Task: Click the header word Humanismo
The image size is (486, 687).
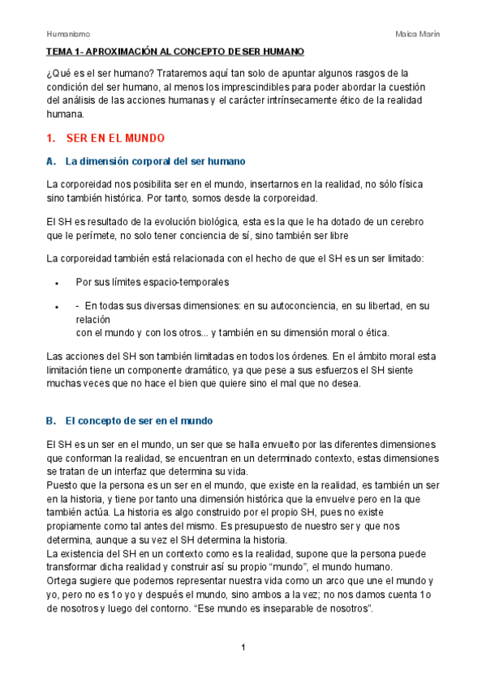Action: pos(67,33)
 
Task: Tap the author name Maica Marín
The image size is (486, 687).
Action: pos(417,33)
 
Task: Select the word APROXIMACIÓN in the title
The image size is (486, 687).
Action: pos(122,51)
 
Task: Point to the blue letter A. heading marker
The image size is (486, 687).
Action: pos(52,161)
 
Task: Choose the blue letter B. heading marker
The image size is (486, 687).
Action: pos(52,421)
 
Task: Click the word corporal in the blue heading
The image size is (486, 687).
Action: pos(150,161)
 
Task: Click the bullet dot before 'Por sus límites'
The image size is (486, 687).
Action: pos(55,284)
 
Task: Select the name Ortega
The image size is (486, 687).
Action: pos(64,582)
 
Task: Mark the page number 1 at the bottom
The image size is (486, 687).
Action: pos(243,648)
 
